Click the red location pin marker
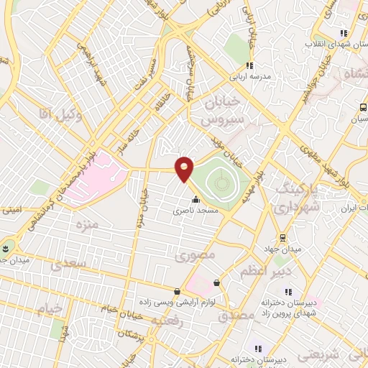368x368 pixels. [185, 168]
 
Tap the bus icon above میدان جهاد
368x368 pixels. [283, 236]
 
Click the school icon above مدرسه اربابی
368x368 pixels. [249, 65]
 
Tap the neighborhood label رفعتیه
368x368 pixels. [183, 323]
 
